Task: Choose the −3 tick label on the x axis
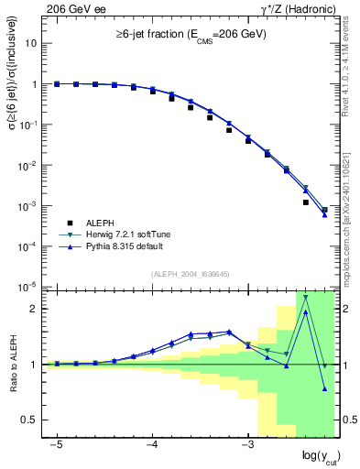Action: pos(246,443)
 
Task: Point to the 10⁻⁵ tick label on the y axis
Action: pos(29,287)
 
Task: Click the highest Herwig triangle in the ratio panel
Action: pos(306,297)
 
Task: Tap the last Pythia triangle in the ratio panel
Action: pos(325,388)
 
